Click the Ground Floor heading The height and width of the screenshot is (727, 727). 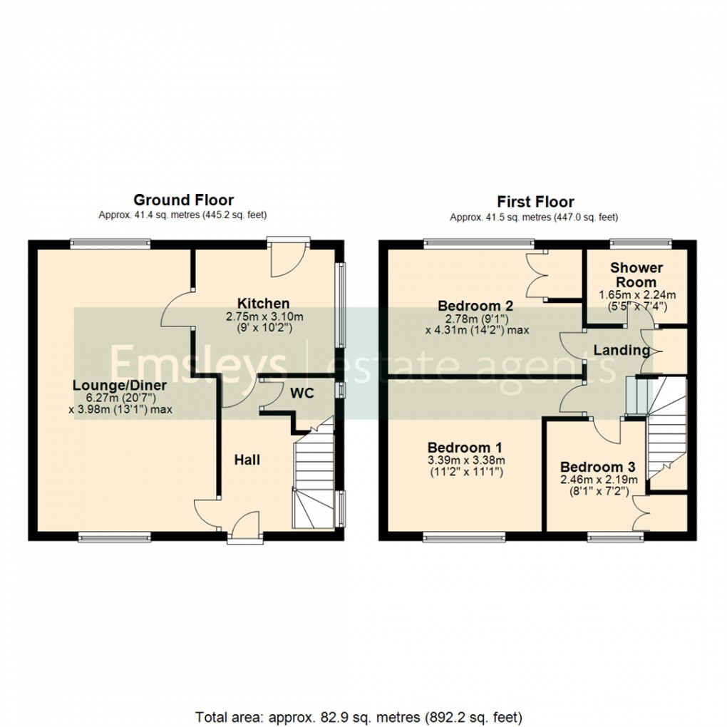(183, 200)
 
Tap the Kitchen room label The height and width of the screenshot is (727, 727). (263, 304)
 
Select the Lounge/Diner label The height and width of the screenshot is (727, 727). (120, 386)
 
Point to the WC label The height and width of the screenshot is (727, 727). (301, 393)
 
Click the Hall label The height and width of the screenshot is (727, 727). (247, 460)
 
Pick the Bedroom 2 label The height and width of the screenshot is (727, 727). (475, 306)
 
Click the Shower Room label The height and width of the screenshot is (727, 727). (636, 275)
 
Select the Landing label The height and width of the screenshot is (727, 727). (621, 351)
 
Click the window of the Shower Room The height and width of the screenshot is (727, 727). (640, 243)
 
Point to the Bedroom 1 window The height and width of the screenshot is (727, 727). (464, 536)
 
